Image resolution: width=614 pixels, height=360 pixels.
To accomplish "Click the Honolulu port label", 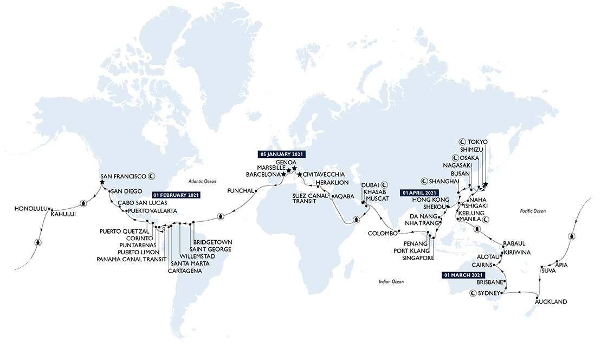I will [30, 208].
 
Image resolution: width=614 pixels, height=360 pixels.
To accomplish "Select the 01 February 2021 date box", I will [177, 195].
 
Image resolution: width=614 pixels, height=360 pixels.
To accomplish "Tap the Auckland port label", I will [551, 301].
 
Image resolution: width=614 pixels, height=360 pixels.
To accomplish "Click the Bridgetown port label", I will [212, 242].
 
